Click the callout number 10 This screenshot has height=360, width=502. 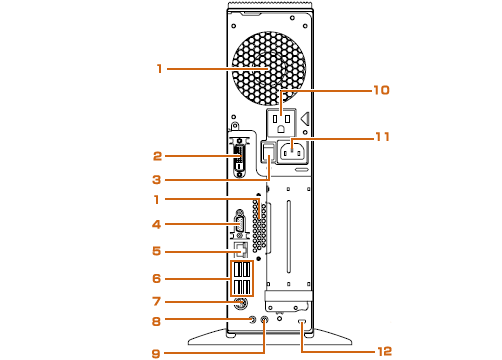click(381, 90)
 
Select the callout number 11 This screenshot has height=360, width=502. click(382, 137)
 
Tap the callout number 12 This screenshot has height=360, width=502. click(384, 351)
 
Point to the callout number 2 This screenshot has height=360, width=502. click(157, 156)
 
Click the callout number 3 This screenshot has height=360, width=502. click(157, 180)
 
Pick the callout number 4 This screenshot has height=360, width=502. click(157, 224)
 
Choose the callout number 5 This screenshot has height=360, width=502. click(157, 251)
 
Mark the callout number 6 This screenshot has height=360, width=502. click(157, 278)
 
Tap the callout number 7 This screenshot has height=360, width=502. click(157, 302)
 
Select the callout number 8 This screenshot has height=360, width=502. click(156, 321)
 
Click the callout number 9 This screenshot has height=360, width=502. click(156, 354)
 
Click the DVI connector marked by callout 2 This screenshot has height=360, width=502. click(240, 158)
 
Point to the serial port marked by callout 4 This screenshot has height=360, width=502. click(239, 224)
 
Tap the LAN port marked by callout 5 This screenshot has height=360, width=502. click(241, 250)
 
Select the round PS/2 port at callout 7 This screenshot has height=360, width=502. click(241, 304)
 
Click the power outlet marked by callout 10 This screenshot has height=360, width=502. click(281, 122)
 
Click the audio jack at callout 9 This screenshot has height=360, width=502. click(264, 320)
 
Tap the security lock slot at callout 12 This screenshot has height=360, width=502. click(302, 321)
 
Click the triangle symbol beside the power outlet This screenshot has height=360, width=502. click(305, 118)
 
